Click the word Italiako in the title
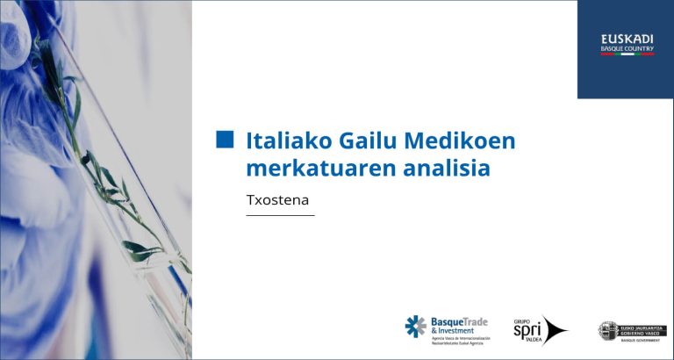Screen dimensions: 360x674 click(280, 140)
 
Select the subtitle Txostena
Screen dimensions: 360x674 click(279, 199)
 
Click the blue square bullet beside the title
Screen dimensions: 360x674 click(226, 140)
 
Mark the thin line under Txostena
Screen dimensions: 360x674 click(280, 215)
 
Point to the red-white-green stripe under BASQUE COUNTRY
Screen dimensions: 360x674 click(627, 54)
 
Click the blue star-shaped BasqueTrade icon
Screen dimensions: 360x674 click(415, 327)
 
